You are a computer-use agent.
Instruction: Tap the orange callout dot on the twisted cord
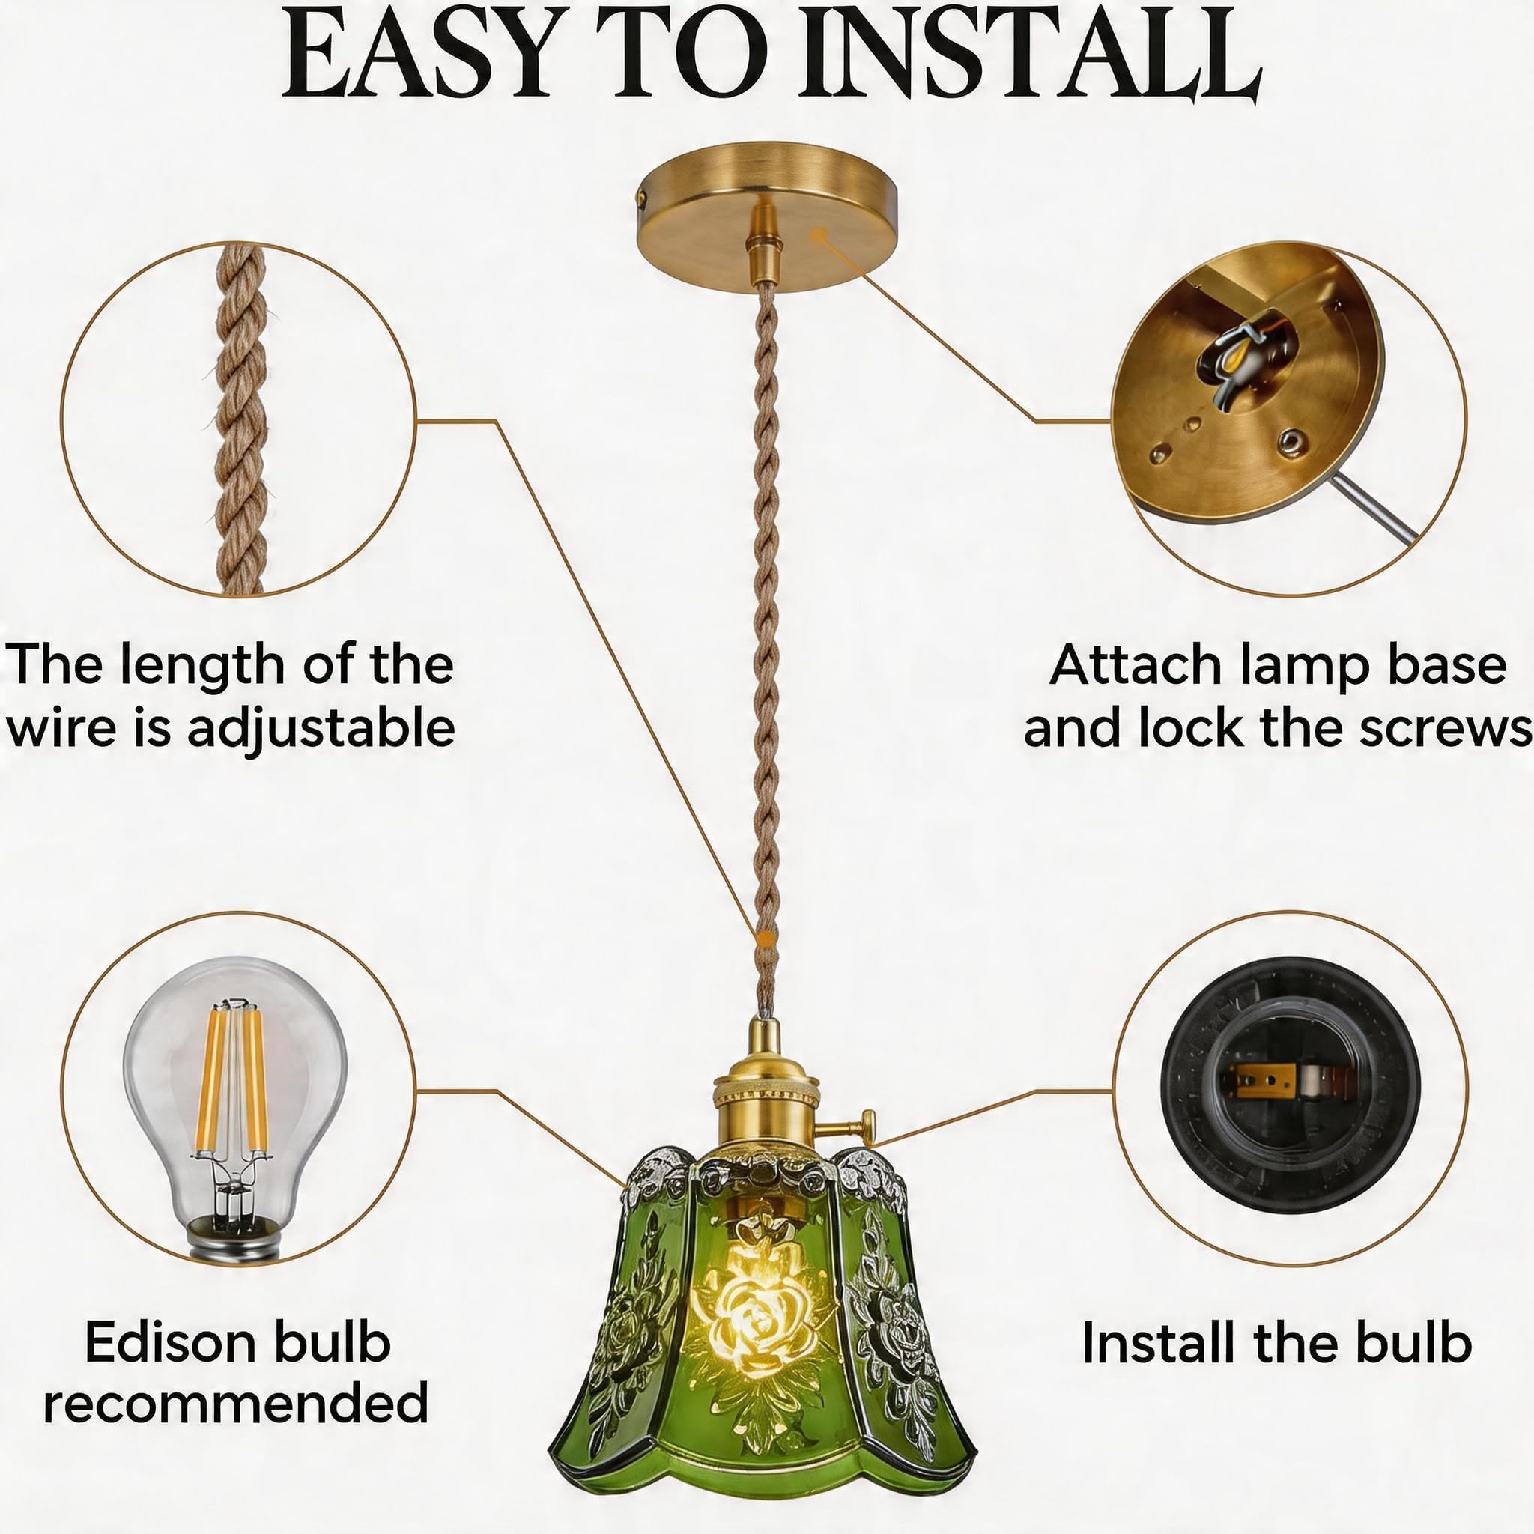click(766, 939)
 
